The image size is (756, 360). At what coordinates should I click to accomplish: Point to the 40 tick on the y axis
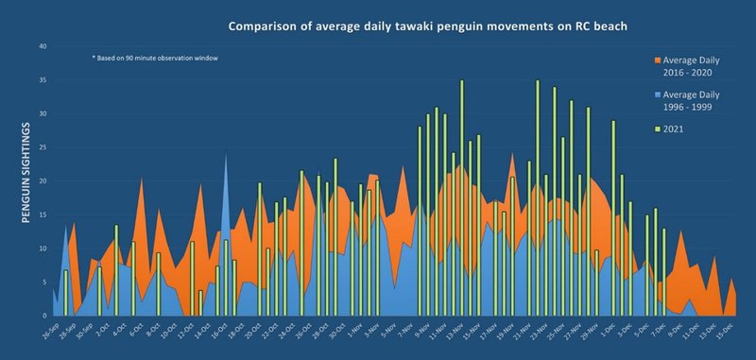pyautogui.click(x=41, y=47)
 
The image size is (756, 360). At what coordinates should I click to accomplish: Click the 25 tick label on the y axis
pyautogui.click(x=41, y=147)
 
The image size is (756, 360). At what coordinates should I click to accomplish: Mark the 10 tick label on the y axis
pyautogui.click(x=41, y=249)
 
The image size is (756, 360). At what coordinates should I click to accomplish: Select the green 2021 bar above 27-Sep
pyautogui.click(x=65, y=293)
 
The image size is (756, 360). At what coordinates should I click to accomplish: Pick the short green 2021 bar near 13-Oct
pyautogui.click(x=200, y=302)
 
